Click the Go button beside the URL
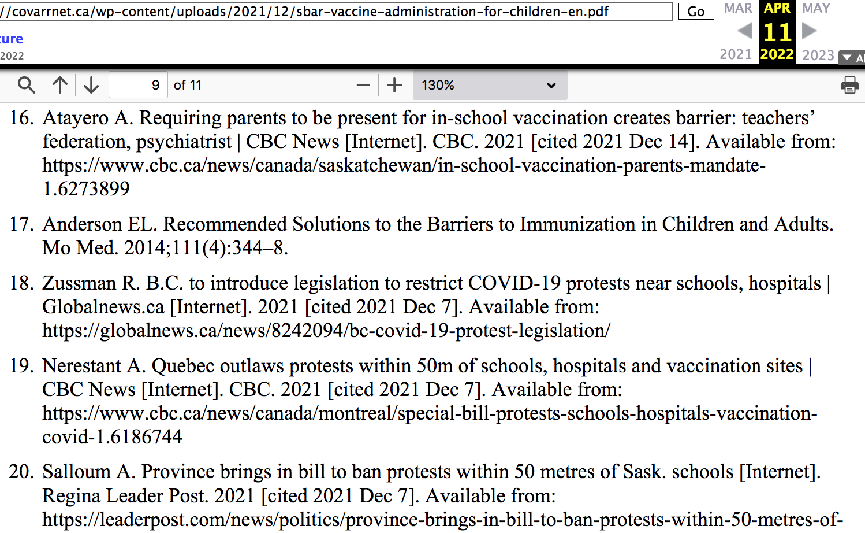[x=696, y=12]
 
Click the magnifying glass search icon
[x=27, y=85]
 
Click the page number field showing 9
[x=138, y=85]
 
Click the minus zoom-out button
[x=363, y=85]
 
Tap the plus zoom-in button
[x=394, y=85]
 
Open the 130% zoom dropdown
[x=490, y=85]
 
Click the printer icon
[x=849, y=85]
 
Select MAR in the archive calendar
[x=738, y=9]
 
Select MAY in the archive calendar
[x=816, y=9]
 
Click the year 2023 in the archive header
[x=818, y=55]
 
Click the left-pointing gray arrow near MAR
[x=745, y=31]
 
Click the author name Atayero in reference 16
[x=76, y=118]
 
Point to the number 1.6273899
[x=86, y=188]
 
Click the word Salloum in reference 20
[x=76, y=472]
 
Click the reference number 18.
[x=22, y=283]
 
